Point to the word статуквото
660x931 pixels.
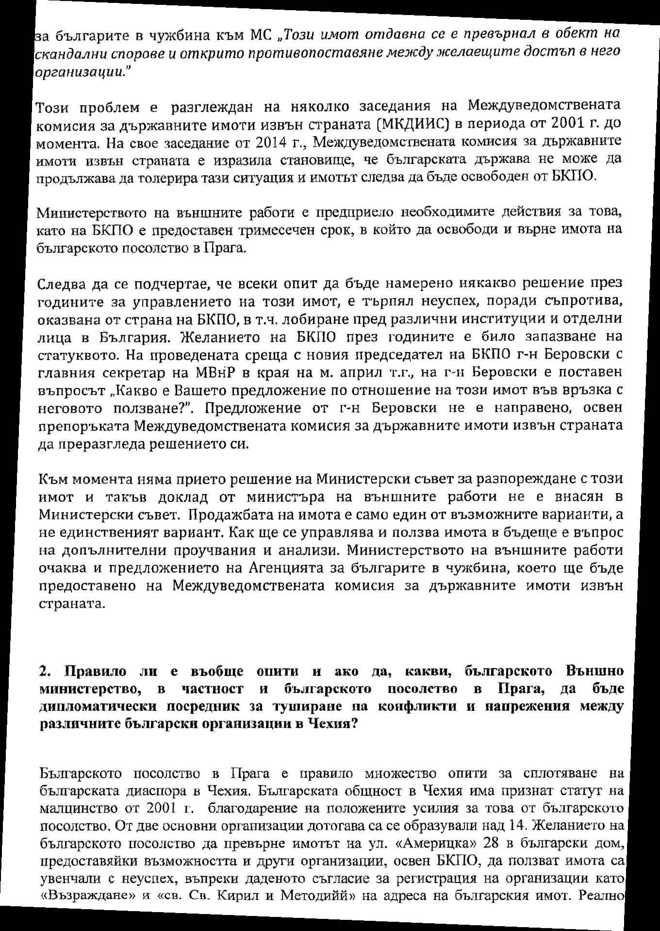coord(78,354)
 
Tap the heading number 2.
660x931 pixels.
coord(45,672)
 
